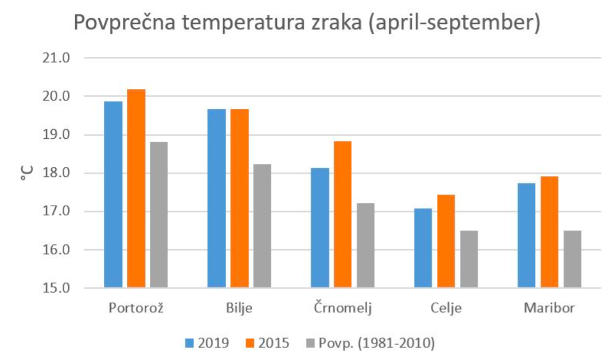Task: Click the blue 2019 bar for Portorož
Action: coord(113,194)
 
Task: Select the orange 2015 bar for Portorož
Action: coord(136,189)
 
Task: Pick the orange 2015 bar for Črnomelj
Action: coord(343,214)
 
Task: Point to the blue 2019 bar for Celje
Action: coord(423,248)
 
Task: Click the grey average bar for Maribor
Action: coord(572,259)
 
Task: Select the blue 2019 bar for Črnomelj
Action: coord(320,228)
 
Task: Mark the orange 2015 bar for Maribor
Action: coord(549,232)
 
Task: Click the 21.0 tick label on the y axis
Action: coord(56,58)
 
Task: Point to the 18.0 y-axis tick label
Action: coord(56,173)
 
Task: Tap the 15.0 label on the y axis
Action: coord(56,288)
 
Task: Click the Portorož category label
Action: coord(136,309)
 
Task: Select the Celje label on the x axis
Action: coord(445,309)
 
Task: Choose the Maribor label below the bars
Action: coord(549,309)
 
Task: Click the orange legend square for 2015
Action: coord(249,342)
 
